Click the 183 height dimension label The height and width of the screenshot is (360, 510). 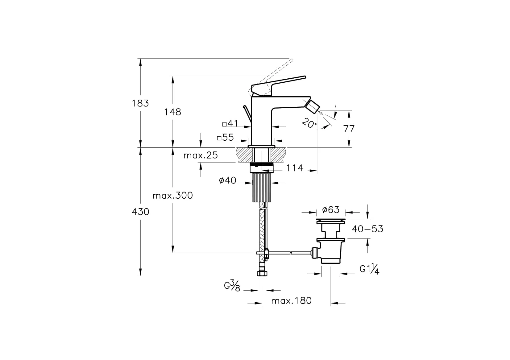tap(140, 103)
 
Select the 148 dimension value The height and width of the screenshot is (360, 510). tap(172, 112)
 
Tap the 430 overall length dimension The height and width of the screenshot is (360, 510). tap(140, 212)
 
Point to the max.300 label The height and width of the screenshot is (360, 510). tap(172, 195)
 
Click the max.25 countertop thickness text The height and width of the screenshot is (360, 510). tap(201, 155)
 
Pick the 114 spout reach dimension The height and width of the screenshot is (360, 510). tap(295, 168)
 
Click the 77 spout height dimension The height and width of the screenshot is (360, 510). tap(349, 128)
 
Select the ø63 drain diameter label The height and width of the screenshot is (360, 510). tap(331, 210)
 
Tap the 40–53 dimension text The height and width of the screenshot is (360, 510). tap(367, 229)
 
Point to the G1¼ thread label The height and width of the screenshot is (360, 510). tap(369, 269)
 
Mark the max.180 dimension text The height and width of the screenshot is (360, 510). tap(291, 301)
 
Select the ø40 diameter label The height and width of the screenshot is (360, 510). tap(227, 180)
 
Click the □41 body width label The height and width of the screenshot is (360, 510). tap(230, 124)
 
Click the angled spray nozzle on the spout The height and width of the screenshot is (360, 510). tap(312, 106)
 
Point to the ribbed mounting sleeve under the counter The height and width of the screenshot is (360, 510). tap(261, 187)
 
